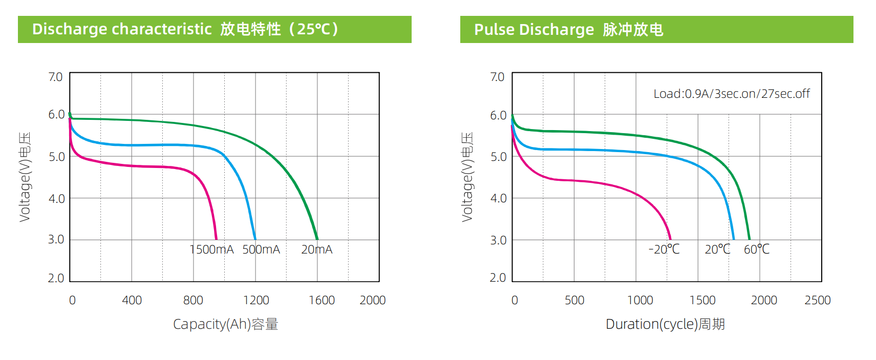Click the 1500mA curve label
coord(211,249)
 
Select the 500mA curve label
coord(261,249)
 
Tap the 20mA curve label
coord(316,249)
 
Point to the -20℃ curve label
coord(664,249)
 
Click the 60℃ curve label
coord(756,249)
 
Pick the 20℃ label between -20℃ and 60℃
coord(717,249)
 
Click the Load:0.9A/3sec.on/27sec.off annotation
coord(731,94)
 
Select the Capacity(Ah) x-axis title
coord(225,324)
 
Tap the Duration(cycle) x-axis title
coord(665,324)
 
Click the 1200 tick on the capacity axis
coord(256,300)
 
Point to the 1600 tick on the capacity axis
coord(322,300)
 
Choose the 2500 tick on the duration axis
coord(817,300)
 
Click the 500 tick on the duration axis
coord(574,300)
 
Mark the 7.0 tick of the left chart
coord(55,77)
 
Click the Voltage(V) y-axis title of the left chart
coord(25,177)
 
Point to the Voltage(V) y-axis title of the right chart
coord(467,177)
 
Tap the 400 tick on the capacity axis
coord(132,300)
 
